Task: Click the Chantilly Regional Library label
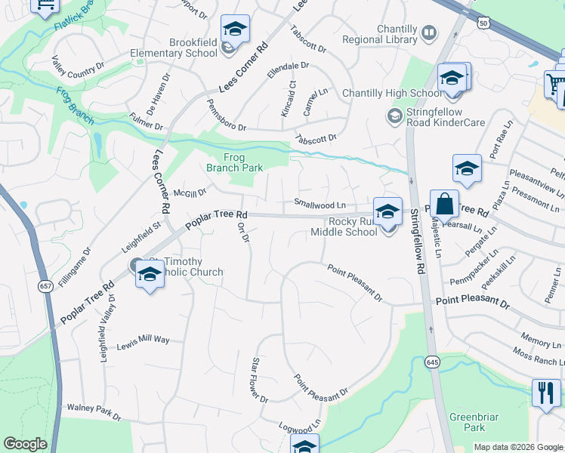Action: pos(379,34)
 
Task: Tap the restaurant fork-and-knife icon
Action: pos(545,392)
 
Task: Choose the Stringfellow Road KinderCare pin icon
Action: pos(394,116)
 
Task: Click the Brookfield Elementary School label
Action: pos(173,48)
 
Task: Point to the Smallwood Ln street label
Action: pos(320,204)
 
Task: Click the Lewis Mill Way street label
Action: pos(143,341)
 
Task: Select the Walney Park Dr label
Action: pos(94,412)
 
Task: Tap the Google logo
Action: pos(25,444)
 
